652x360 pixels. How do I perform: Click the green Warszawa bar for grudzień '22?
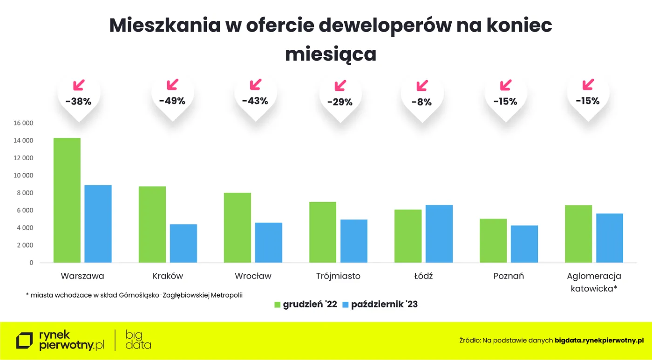[67, 200]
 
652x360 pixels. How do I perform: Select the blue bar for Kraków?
[183, 243]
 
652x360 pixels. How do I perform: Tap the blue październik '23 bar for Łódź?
[439, 233]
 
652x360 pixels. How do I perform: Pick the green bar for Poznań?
[493, 240]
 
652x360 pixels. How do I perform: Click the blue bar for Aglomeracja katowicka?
[609, 238]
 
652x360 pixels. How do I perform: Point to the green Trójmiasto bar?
[323, 232]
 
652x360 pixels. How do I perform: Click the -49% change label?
[172, 101]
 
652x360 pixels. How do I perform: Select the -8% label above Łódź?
[421, 102]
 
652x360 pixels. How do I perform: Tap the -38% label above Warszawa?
[78, 101]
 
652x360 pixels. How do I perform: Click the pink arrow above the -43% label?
[255, 85]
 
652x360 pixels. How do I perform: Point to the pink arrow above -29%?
[340, 86]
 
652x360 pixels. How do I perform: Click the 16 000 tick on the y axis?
[24, 123]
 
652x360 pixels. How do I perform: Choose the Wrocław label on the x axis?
[253, 276]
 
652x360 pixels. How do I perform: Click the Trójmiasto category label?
[338, 276]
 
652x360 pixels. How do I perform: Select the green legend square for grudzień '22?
[278, 305]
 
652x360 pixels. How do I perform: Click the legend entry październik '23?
[384, 305]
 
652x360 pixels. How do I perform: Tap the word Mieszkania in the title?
[165, 26]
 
